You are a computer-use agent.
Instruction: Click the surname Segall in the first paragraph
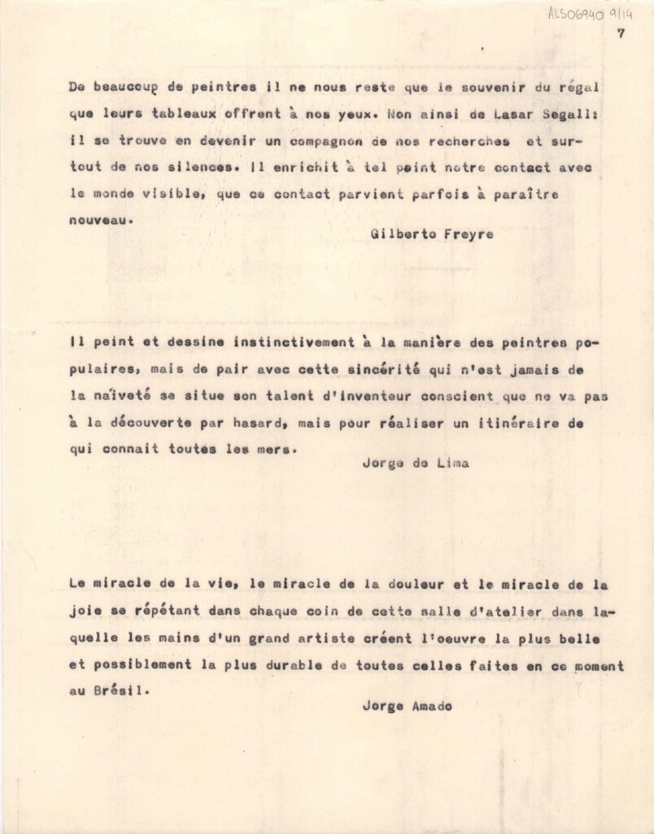(556, 114)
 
